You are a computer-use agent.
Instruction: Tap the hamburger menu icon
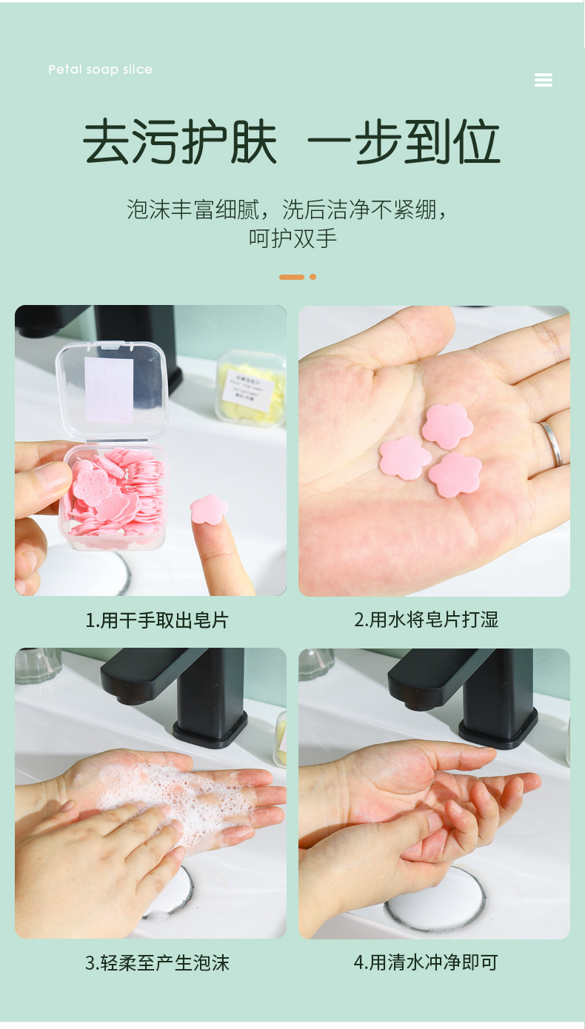coord(544,80)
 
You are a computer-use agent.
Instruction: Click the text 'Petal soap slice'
coord(100,70)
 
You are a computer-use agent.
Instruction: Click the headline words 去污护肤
coord(180,142)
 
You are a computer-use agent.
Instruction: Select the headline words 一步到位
coord(404,142)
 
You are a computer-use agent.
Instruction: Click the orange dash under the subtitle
coord(292,277)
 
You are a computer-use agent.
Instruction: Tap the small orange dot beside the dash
coord(313,277)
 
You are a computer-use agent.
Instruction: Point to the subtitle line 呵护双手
coord(292,238)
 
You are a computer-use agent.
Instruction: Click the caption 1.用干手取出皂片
coord(157,620)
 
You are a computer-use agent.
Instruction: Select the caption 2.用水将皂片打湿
coord(427,620)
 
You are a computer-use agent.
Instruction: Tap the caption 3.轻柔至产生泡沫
coord(157,962)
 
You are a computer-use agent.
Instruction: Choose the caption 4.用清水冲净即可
coord(427,962)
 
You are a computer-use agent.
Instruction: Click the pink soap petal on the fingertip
coord(209,509)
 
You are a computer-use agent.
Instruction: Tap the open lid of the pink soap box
coord(112,388)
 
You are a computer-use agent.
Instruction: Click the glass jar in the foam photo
coord(37,664)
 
